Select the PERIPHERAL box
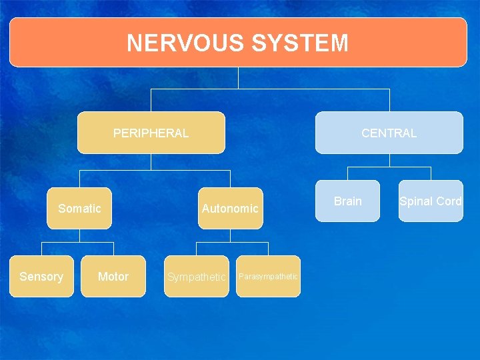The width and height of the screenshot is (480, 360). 151,133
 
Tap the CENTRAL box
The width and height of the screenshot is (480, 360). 389,133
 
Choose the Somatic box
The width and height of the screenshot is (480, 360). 79,209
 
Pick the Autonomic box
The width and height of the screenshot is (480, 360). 230,209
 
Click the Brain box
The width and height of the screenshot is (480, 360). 348,201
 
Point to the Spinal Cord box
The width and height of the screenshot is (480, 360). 431,201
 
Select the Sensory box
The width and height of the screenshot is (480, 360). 41,276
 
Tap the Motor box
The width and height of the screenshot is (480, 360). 113,276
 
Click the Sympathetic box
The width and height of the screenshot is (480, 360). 197,277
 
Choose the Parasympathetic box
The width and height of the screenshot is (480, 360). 268,276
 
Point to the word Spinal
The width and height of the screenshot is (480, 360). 415,201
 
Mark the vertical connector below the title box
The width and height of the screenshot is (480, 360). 238,77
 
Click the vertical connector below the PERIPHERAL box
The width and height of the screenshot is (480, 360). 151,162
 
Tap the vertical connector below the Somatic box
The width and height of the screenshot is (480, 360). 79,235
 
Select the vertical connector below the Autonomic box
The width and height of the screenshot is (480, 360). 230,235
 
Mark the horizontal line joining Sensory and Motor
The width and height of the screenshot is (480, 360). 77,242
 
